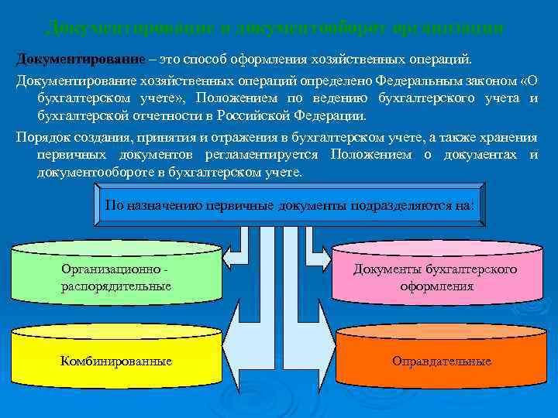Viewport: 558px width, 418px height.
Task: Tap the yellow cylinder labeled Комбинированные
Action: tap(116, 361)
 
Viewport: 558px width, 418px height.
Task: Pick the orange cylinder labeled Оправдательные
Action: tap(442, 361)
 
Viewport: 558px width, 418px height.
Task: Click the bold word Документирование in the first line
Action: tap(70, 60)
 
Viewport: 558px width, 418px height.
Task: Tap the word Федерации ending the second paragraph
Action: tap(329, 115)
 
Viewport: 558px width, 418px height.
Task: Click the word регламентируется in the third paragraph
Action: tap(268, 155)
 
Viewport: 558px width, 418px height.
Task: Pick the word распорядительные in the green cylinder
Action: tap(116, 286)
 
